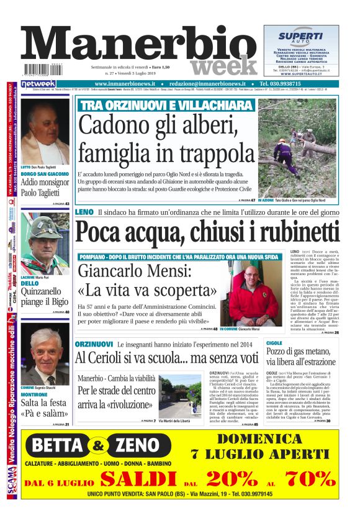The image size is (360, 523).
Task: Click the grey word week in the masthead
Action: (223, 65)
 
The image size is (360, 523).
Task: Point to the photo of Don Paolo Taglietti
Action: (45, 131)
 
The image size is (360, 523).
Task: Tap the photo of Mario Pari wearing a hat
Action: (45, 243)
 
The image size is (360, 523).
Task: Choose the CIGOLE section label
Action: (274, 343)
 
